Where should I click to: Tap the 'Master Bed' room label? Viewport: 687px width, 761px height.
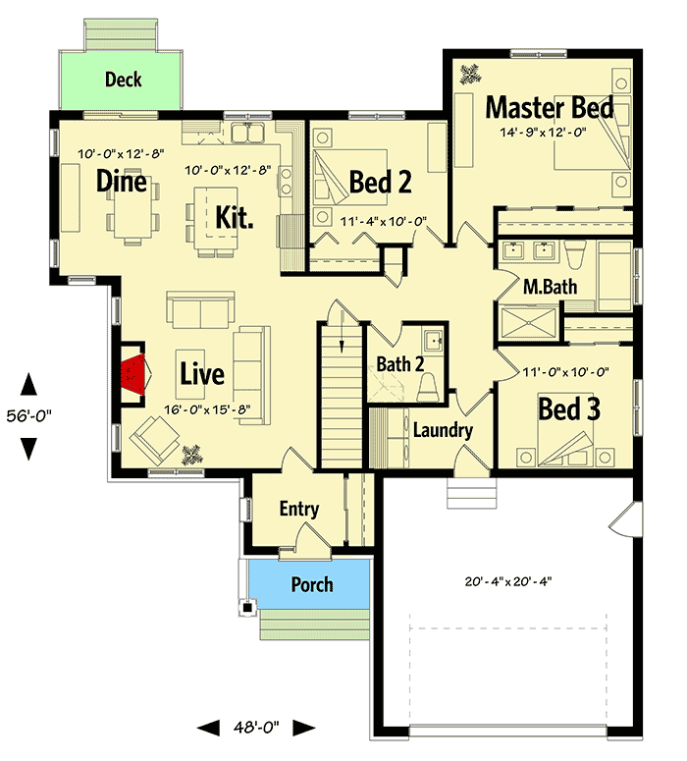pyautogui.click(x=550, y=107)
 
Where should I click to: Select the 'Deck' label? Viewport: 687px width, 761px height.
pyautogui.click(x=124, y=80)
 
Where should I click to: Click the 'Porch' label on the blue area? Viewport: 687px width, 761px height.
pyautogui.click(x=311, y=585)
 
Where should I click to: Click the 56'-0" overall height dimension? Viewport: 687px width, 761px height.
pyautogui.click(x=29, y=415)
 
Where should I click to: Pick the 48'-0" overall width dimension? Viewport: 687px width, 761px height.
pyautogui.click(x=255, y=728)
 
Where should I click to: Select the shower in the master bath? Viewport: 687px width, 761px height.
pyautogui.click(x=530, y=322)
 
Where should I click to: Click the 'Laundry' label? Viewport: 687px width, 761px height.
pyautogui.click(x=443, y=430)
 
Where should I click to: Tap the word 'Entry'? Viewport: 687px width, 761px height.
pyautogui.click(x=298, y=509)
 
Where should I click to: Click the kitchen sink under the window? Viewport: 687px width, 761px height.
pyautogui.click(x=250, y=133)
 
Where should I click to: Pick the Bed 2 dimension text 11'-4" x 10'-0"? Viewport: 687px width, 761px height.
pyautogui.click(x=383, y=223)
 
